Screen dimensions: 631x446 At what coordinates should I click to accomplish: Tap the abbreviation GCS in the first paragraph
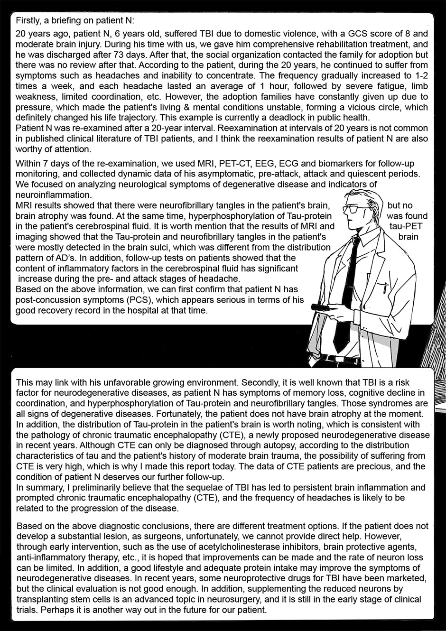tap(349, 34)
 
